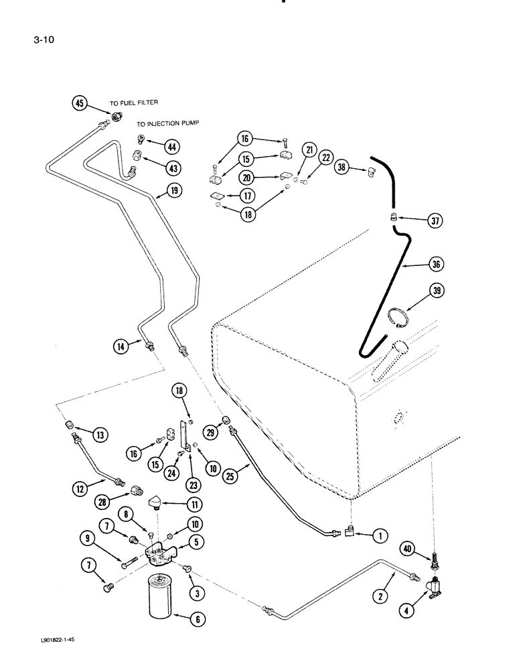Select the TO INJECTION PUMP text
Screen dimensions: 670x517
pos(169,123)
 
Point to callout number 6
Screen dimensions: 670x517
pos(196,620)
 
